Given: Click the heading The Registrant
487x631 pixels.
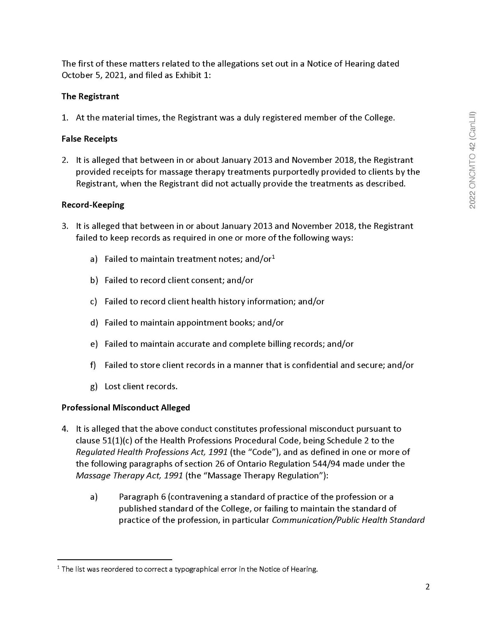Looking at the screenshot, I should tap(90, 97).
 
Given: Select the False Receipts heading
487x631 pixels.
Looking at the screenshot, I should tap(89, 139).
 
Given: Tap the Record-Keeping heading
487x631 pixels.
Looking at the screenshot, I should tap(93, 205).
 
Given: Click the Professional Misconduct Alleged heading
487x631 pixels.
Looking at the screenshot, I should tap(126, 407).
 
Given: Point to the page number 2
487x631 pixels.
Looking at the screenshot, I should tap(428, 586).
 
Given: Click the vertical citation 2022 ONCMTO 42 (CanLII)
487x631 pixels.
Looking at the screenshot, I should tap(473, 160).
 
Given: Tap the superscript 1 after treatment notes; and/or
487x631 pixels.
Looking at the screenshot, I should tap(273, 257).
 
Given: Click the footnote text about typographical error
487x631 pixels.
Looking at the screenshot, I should tap(190, 569).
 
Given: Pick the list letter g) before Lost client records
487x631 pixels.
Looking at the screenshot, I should tap(94, 386).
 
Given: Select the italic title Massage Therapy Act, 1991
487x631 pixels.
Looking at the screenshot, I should tap(129, 475).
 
